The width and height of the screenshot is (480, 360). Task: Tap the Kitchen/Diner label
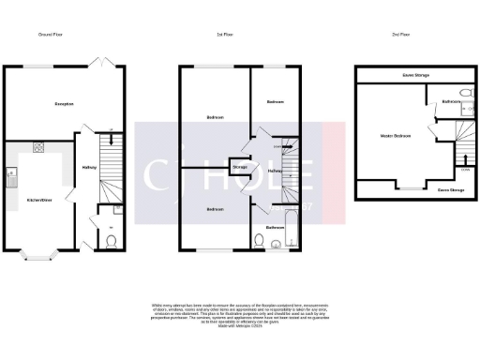[x=38, y=201]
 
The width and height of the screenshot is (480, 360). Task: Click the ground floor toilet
[x=112, y=242]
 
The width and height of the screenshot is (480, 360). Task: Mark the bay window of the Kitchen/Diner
[x=39, y=252]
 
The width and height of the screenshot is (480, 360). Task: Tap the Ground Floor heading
[x=52, y=35]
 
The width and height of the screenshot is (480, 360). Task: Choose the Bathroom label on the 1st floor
[x=275, y=228]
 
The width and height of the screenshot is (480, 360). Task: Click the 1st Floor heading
[x=224, y=35]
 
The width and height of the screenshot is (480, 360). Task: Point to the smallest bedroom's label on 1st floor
[x=275, y=101]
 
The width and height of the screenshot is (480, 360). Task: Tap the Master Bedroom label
[x=396, y=136]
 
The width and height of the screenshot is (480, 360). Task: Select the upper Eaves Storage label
[x=412, y=75]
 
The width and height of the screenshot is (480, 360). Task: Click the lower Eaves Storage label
[x=451, y=190]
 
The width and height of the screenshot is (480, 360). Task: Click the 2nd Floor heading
[x=400, y=35]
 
